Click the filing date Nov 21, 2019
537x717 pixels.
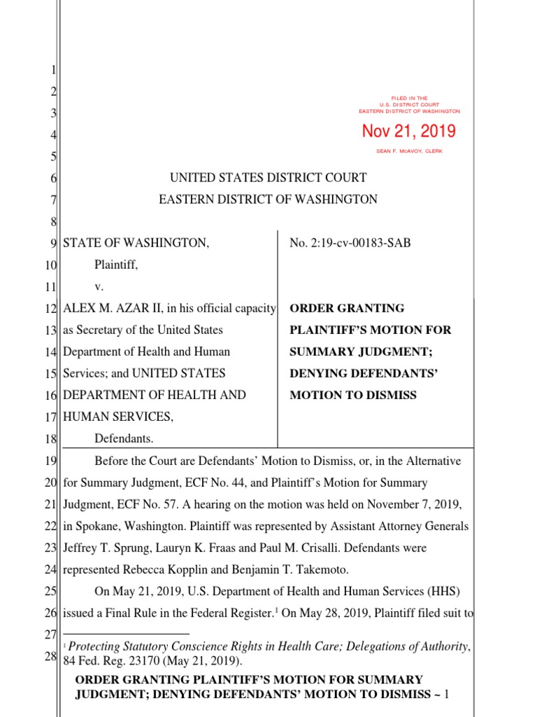(x=408, y=131)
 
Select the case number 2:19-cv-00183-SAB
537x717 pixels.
(x=350, y=243)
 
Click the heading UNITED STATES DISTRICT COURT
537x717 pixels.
(x=268, y=178)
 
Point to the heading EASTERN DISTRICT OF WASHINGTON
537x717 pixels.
(x=268, y=200)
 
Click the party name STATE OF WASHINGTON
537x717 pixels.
(x=136, y=243)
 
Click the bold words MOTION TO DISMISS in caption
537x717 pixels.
(x=353, y=395)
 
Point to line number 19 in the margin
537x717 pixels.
(x=51, y=460)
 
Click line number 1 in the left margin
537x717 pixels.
(x=54, y=70)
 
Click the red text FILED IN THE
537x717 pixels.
(x=409, y=98)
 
